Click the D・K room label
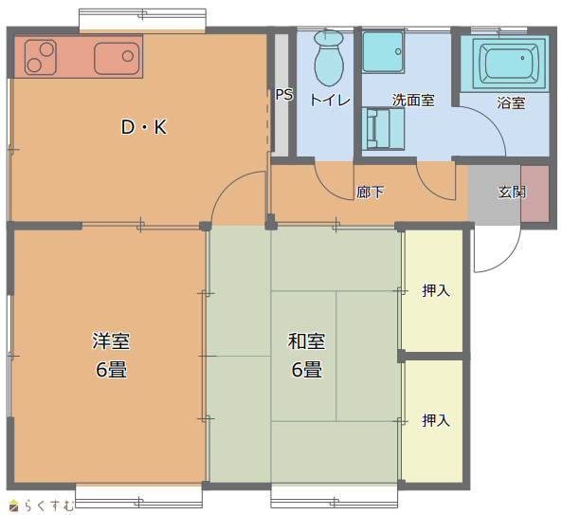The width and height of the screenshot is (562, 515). click(144, 127)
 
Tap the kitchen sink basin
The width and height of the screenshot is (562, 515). click(117, 58)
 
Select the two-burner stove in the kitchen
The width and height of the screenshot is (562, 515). click(41, 58)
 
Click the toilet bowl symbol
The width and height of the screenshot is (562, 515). click(329, 59)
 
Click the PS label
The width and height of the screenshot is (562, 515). click(284, 95)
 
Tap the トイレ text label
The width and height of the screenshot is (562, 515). click(330, 100)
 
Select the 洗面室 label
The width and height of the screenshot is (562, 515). click(413, 100)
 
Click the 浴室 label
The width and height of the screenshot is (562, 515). click(511, 103)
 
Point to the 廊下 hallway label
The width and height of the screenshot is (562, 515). click(371, 193)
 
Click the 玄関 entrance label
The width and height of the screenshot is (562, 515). click(512, 193)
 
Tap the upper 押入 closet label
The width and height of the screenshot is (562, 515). click(436, 290)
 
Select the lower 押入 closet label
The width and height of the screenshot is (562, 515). click(436, 421)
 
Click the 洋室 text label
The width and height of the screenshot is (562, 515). click(111, 340)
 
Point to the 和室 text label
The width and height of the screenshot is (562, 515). click(306, 341)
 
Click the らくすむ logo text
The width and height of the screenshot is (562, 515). click(48, 506)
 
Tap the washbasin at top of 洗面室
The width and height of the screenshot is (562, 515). click(383, 51)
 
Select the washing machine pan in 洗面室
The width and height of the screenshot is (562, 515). click(383, 129)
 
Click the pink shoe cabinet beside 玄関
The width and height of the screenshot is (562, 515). click(535, 193)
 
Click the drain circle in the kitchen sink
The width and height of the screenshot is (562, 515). click(128, 56)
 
